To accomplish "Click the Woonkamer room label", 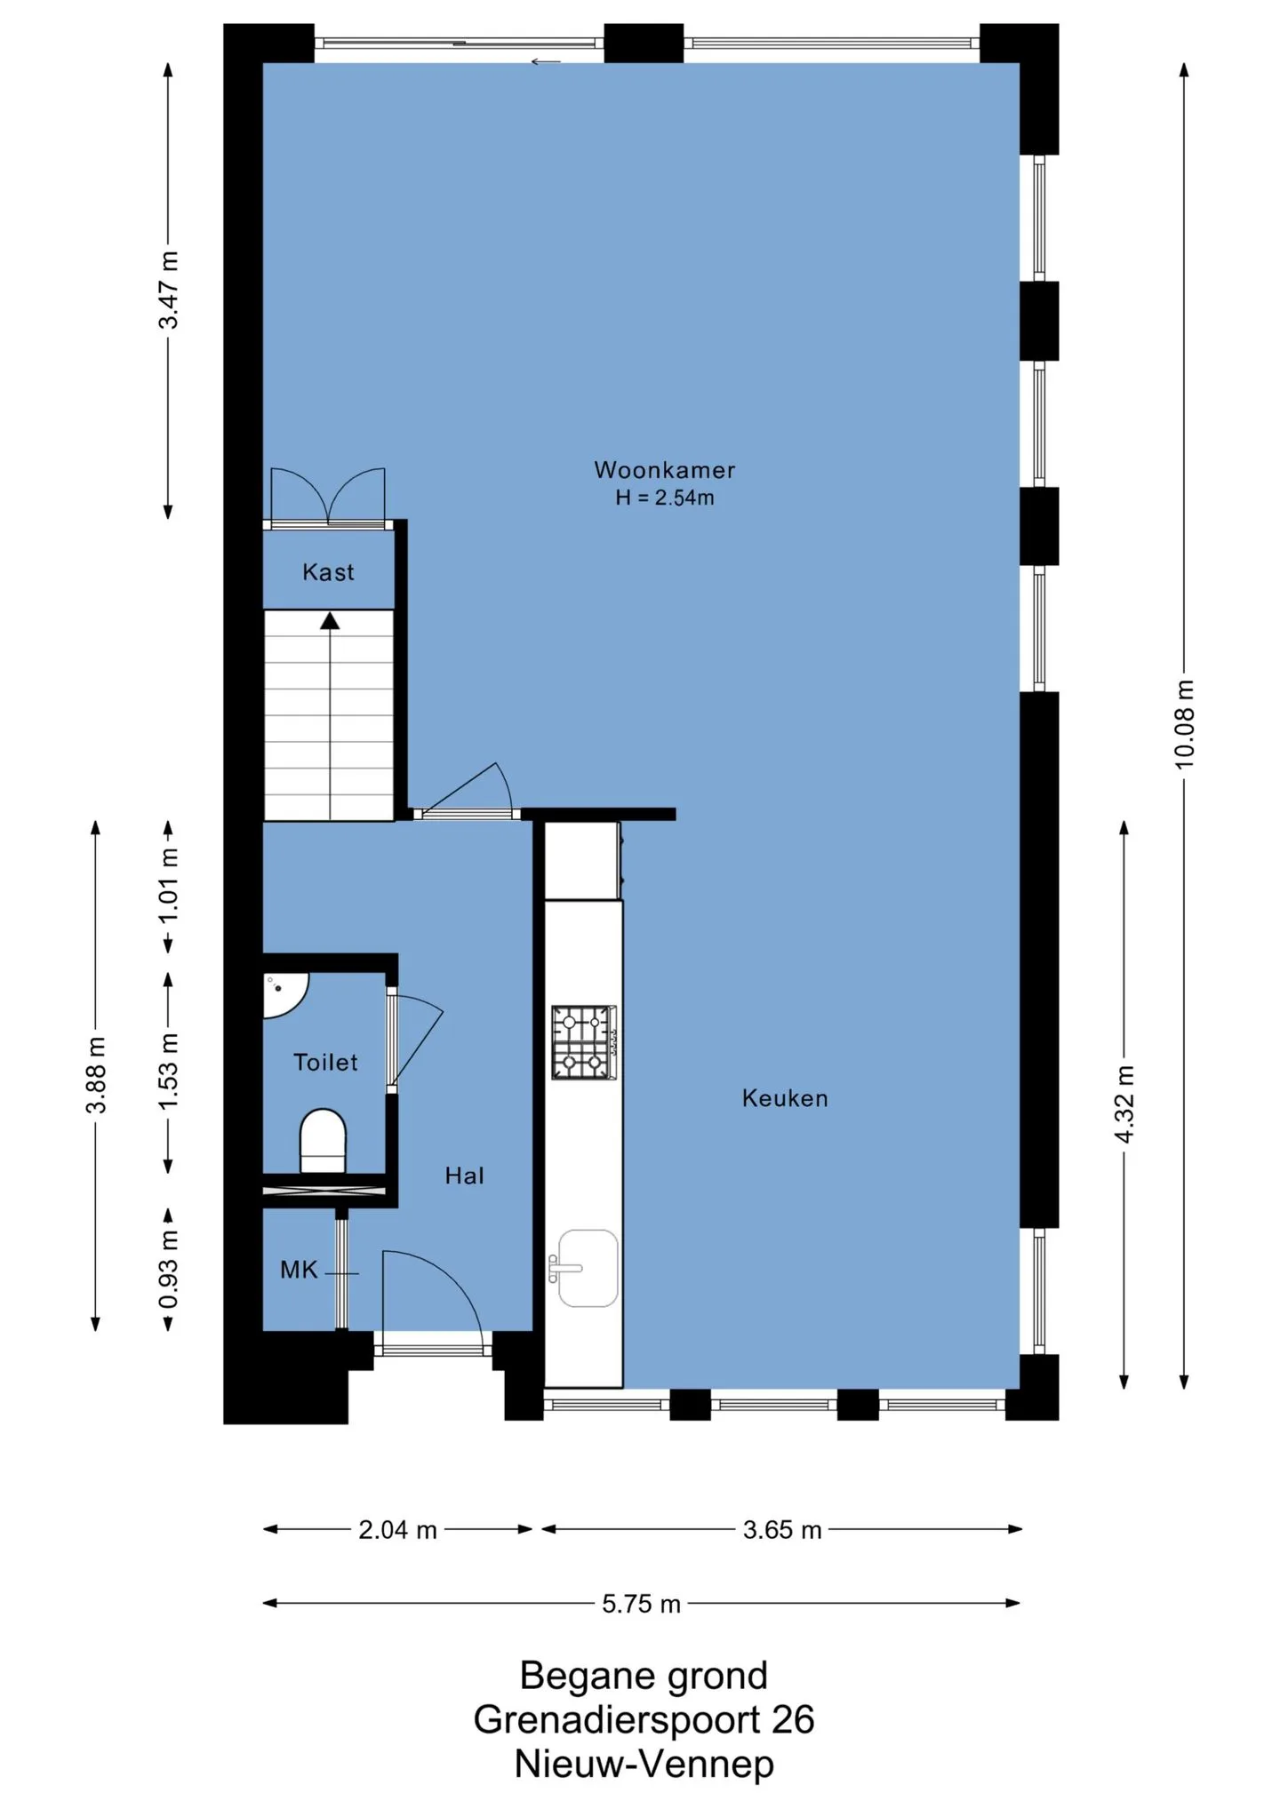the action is point(664,470).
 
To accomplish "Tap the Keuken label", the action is point(785,1098).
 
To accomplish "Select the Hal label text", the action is point(465,1175).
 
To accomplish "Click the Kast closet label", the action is point(328,572).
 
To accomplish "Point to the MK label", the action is point(299,1270).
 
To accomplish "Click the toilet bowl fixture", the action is point(323,1141).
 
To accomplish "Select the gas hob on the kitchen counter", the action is point(584,1042).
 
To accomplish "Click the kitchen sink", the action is point(585,1268).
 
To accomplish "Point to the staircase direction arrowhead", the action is point(330,620).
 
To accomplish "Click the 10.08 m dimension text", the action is point(1184,724).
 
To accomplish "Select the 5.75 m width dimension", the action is point(641,1604).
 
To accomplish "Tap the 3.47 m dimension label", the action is point(168,290).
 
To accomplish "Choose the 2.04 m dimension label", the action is point(397,1530).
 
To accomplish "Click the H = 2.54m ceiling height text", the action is point(665,498).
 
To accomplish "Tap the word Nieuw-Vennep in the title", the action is point(644,1764).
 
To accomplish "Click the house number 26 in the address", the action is point(793,1720).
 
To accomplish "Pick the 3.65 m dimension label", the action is point(782,1530).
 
